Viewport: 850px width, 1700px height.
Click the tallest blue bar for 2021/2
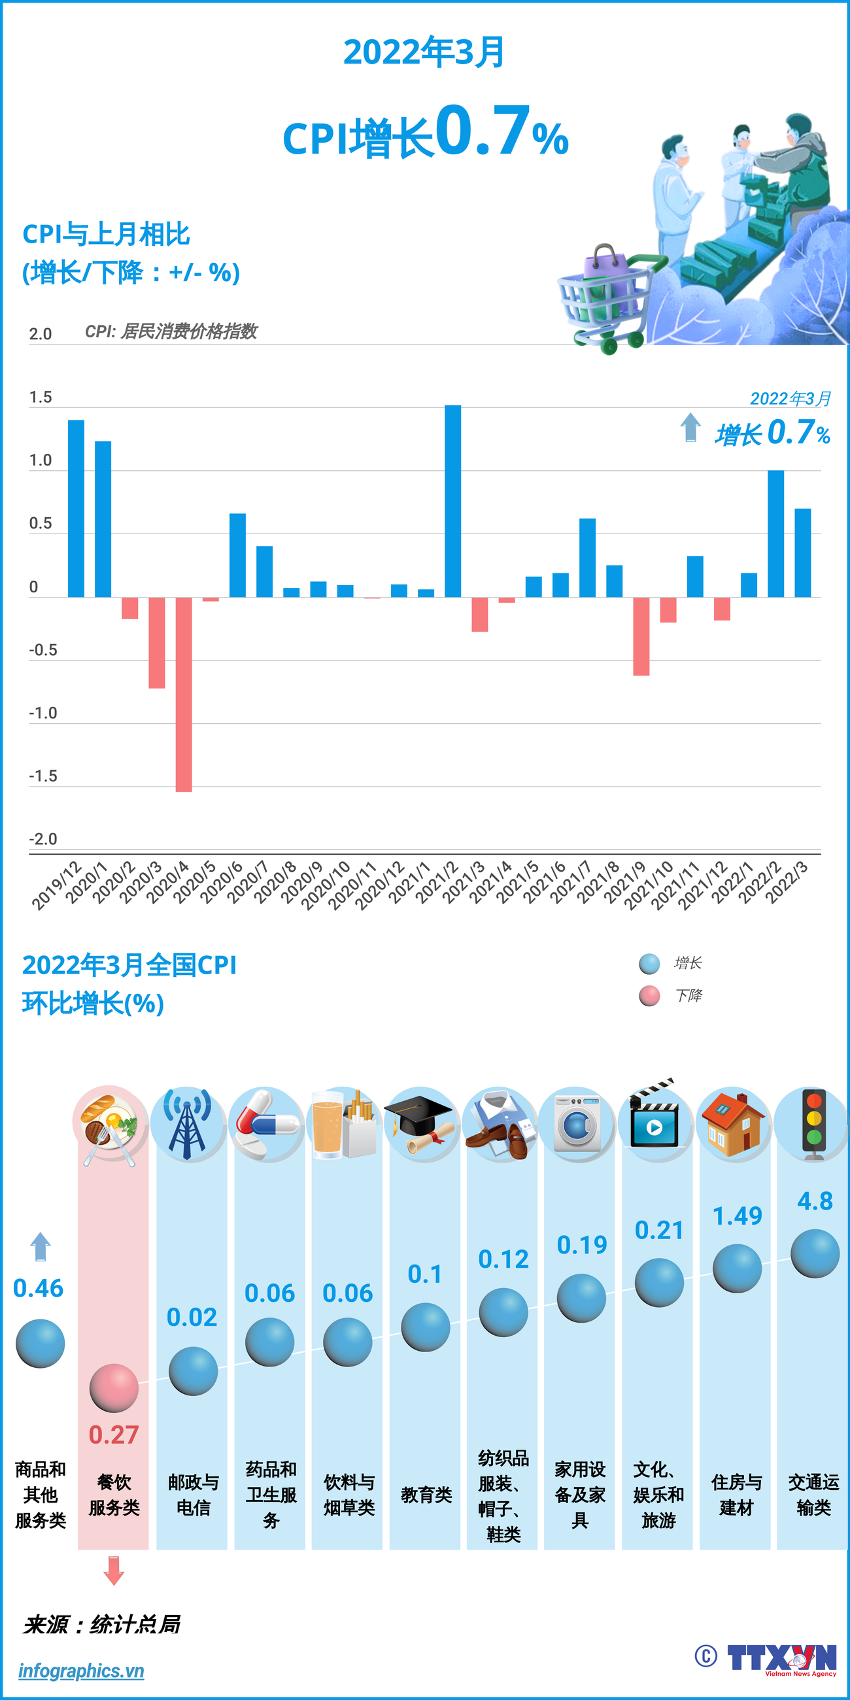click(x=452, y=501)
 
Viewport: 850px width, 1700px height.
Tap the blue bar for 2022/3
click(x=802, y=553)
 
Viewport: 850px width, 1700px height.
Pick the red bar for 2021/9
click(x=641, y=636)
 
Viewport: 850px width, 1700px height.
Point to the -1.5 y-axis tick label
click(x=43, y=776)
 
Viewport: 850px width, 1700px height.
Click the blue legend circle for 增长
click(x=649, y=964)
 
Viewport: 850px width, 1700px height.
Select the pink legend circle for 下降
click(x=649, y=996)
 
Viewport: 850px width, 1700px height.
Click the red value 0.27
click(x=114, y=1435)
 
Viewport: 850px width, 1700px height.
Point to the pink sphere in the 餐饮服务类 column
click(x=114, y=1388)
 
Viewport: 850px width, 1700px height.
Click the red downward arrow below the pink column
click(x=114, y=1571)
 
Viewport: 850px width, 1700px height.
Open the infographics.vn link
click(x=80, y=1671)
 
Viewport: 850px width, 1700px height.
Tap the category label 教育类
click(x=426, y=1495)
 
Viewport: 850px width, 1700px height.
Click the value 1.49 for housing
click(x=737, y=1215)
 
